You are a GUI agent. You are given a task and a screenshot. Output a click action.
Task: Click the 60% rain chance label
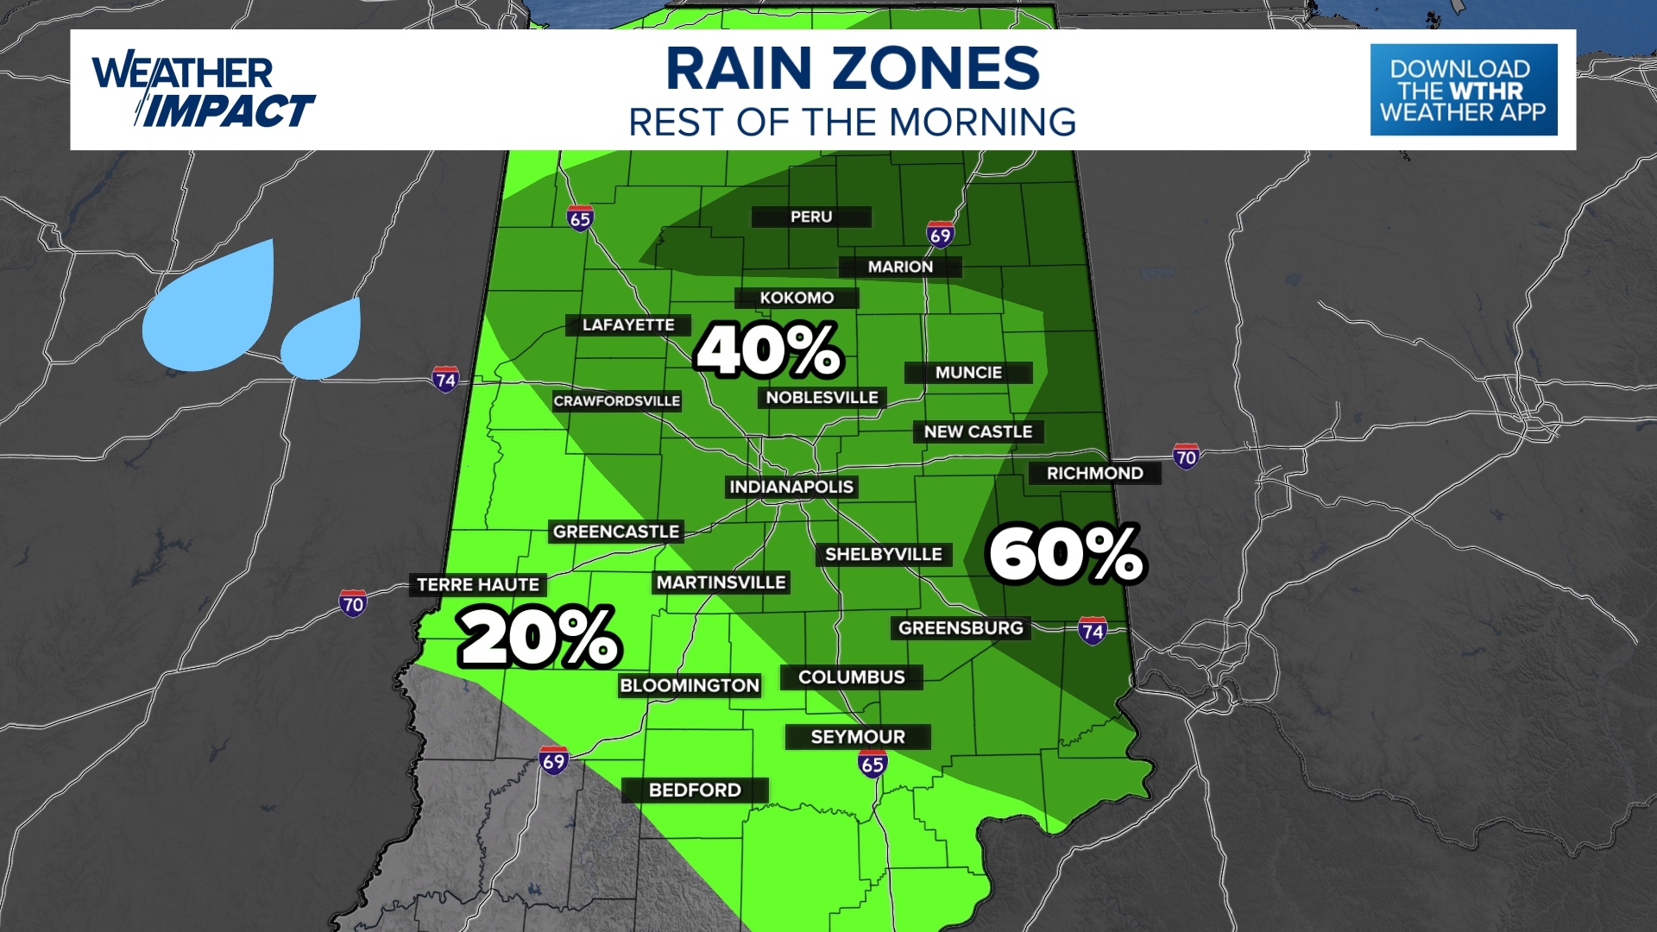click(x=1067, y=555)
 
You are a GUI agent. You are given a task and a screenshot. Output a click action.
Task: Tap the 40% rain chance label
click(x=768, y=350)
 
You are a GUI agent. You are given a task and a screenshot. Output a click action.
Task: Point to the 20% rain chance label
click(x=539, y=637)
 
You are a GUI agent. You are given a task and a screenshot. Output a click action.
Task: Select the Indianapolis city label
click(x=791, y=487)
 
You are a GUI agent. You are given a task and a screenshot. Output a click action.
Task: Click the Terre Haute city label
click(x=478, y=584)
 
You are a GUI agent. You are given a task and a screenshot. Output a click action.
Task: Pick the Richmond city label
click(x=1094, y=473)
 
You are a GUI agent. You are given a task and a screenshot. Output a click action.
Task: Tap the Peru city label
click(x=811, y=217)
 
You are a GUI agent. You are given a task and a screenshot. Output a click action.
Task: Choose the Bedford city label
click(x=695, y=790)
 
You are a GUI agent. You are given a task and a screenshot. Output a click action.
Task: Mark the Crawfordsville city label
click(x=616, y=400)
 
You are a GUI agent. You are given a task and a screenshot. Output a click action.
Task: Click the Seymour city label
click(x=858, y=736)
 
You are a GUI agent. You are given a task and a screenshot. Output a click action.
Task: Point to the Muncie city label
click(x=968, y=372)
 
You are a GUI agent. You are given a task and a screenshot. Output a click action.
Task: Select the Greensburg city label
click(x=961, y=627)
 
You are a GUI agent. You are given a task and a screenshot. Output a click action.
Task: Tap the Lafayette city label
click(x=628, y=324)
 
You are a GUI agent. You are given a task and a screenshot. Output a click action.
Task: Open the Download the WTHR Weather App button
click(x=1464, y=90)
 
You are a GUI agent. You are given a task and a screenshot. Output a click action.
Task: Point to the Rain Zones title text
click(x=853, y=69)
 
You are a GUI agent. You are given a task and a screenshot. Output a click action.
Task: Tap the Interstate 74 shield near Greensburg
click(x=1093, y=631)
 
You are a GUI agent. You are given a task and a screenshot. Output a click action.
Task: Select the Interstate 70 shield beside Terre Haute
click(x=353, y=603)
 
